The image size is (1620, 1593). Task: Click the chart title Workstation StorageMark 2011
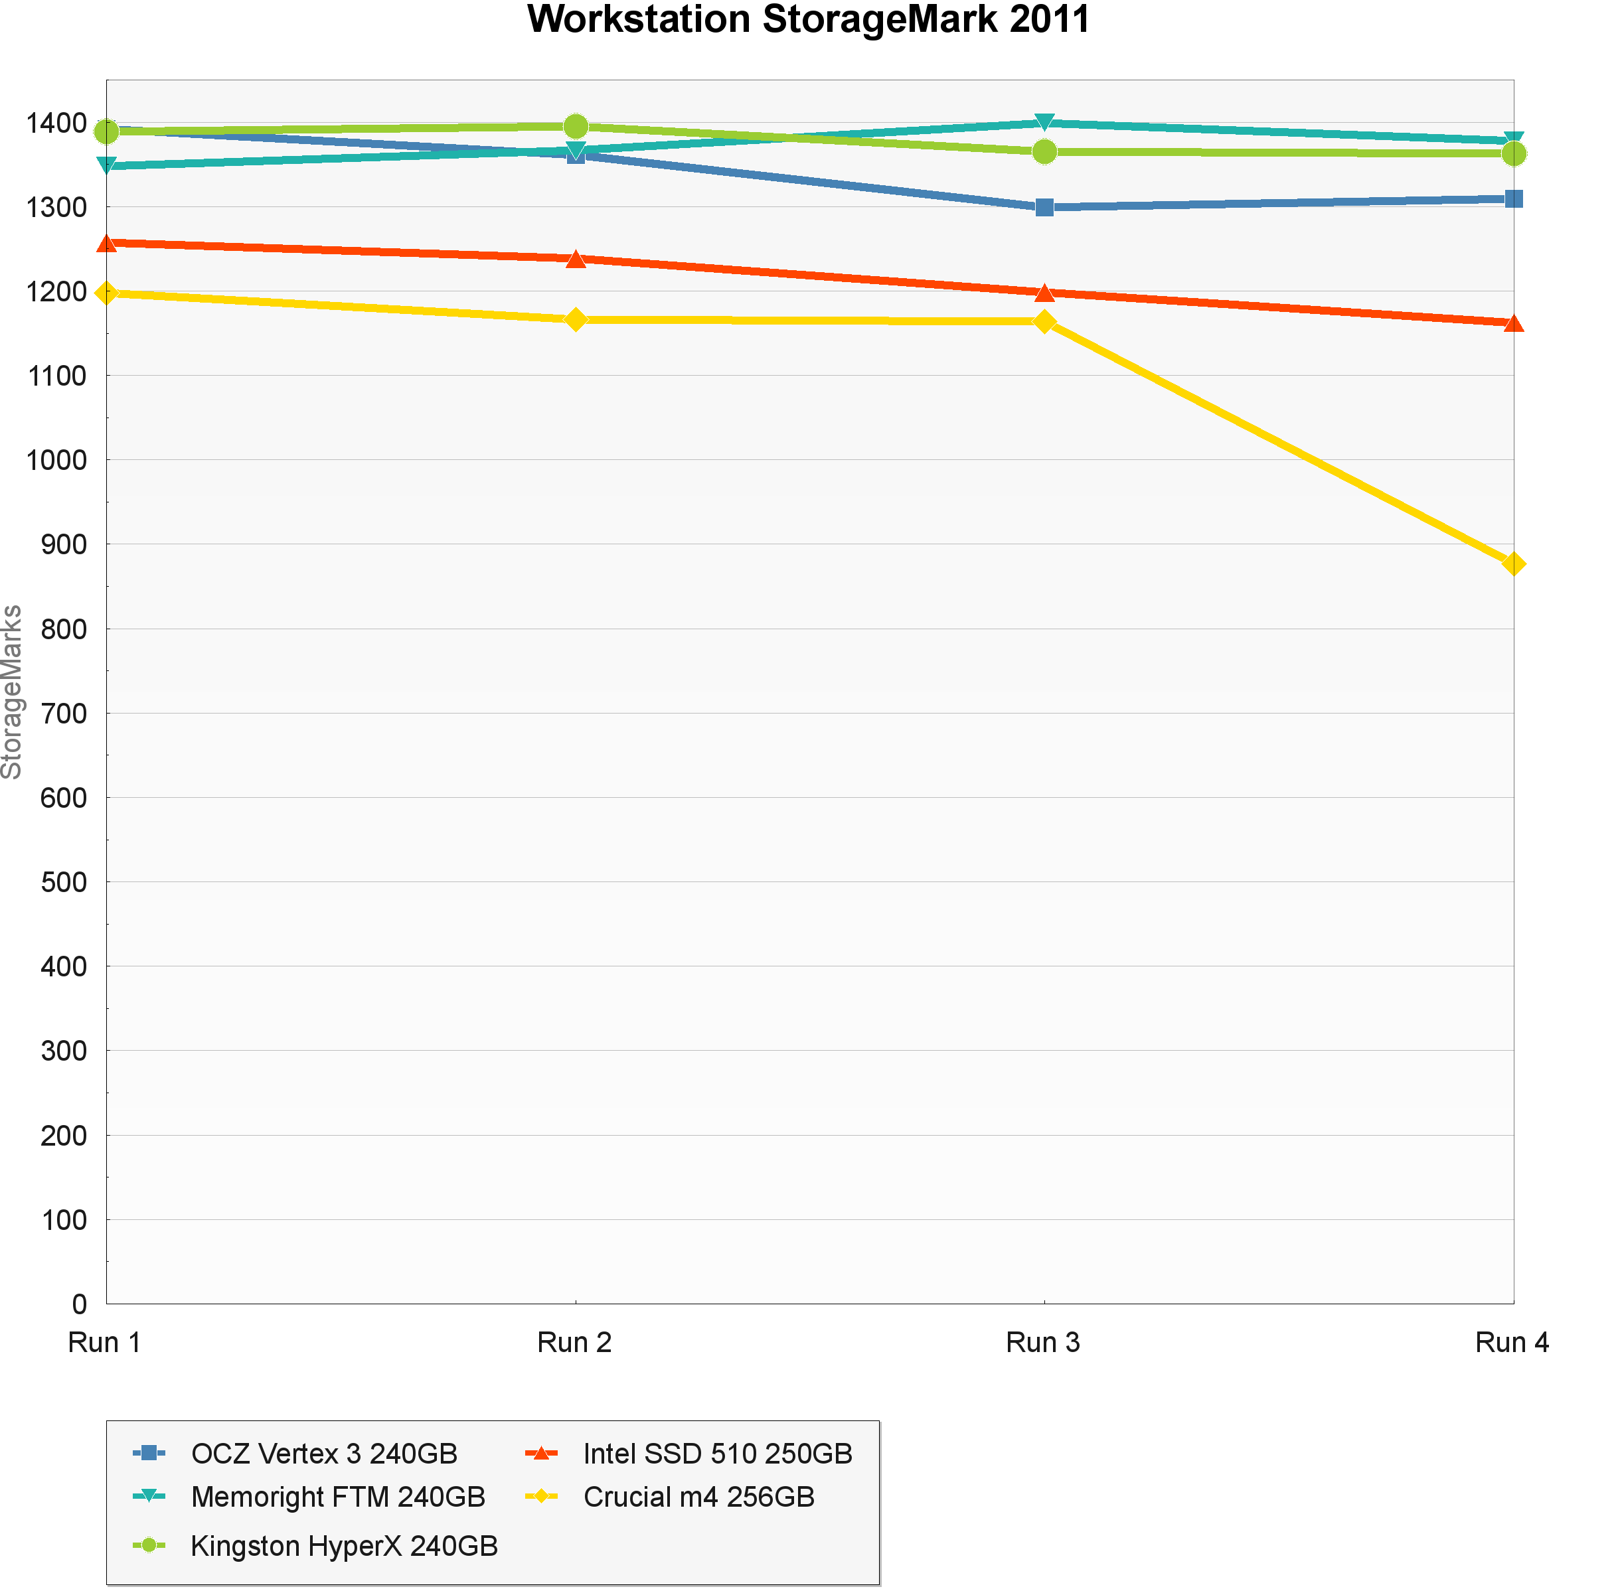[808, 20]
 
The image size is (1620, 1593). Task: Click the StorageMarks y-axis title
[13, 691]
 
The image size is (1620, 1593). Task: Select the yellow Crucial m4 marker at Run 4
[1513, 564]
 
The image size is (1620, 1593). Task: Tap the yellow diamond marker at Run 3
[1044, 321]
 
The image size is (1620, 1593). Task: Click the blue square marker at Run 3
[1044, 206]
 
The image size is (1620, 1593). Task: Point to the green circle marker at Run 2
[575, 126]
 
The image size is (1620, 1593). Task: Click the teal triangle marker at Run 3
[1044, 122]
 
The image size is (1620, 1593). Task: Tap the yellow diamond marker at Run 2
[575, 320]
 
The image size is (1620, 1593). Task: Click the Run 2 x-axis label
[574, 1342]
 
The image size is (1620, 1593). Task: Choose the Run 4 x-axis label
[1511, 1342]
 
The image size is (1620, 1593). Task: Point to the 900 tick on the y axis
[64, 545]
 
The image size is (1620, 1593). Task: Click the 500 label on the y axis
[64, 882]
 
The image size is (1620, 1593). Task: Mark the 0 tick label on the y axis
[80, 1304]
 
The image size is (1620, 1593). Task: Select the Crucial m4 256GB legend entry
[698, 1496]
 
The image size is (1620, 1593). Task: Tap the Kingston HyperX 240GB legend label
[344, 1545]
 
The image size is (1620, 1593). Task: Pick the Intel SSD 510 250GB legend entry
[717, 1453]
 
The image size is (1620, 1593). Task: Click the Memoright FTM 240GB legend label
[338, 1496]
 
